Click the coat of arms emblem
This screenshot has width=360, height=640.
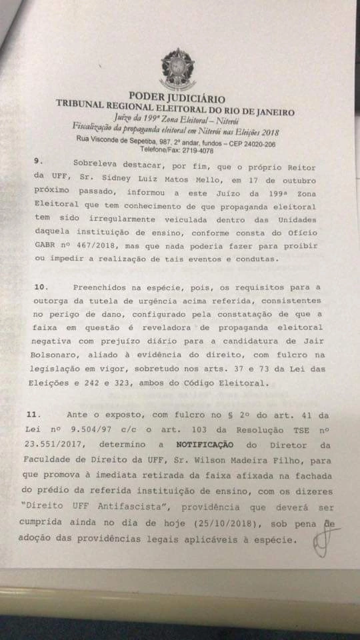pos(177,69)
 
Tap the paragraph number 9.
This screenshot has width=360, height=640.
pos(37,161)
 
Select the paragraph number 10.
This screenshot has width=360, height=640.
pos(41,286)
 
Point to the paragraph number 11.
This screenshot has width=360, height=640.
pos(43,413)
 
